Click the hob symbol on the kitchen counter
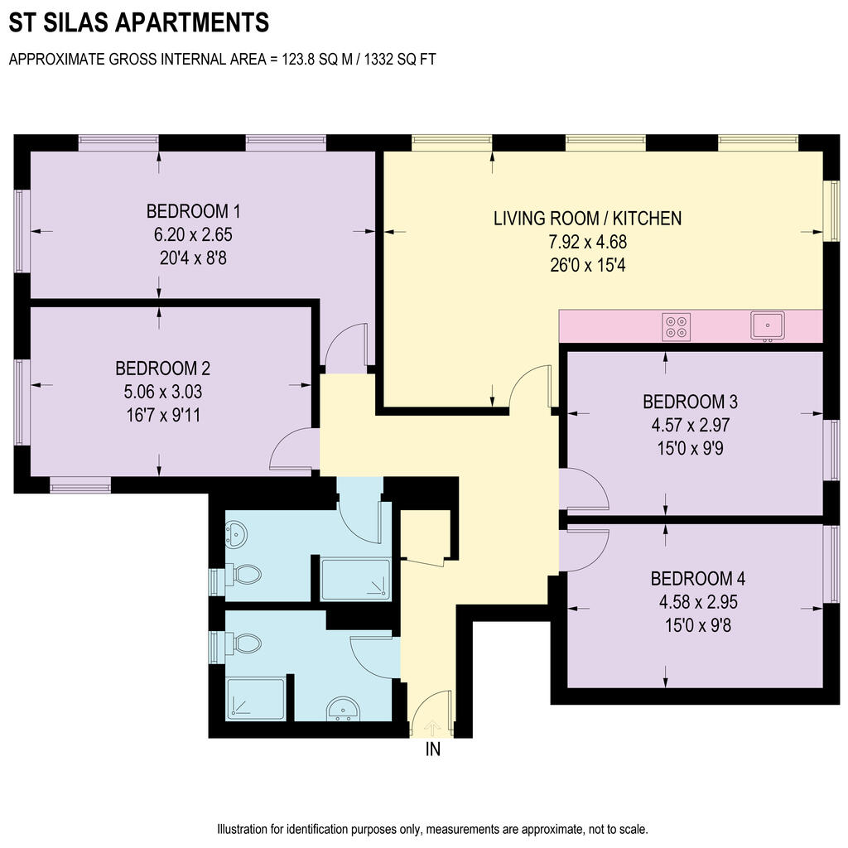tap(676, 326)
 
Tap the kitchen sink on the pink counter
tap(768, 326)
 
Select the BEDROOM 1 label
tap(193, 211)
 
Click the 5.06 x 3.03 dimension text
tap(163, 392)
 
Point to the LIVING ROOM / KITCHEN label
tap(587, 219)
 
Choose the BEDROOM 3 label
tap(690, 402)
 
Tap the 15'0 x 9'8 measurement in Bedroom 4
tap(697, 626)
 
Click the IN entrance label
tap(432, 749)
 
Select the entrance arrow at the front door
tap(432, 727)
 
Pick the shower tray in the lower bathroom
tap(256, 699)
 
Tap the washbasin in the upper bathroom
tap(236, 533)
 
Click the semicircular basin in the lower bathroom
tap(343, 709)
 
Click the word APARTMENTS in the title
tap(192, 22)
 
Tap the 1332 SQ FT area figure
tap(400, 59)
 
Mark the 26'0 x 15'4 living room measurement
tap(588, 266)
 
